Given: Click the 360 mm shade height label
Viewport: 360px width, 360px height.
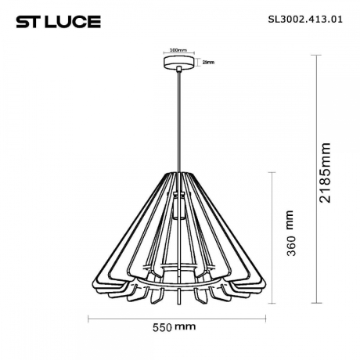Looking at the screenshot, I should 290,235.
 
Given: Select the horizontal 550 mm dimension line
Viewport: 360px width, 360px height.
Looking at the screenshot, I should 180,317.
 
